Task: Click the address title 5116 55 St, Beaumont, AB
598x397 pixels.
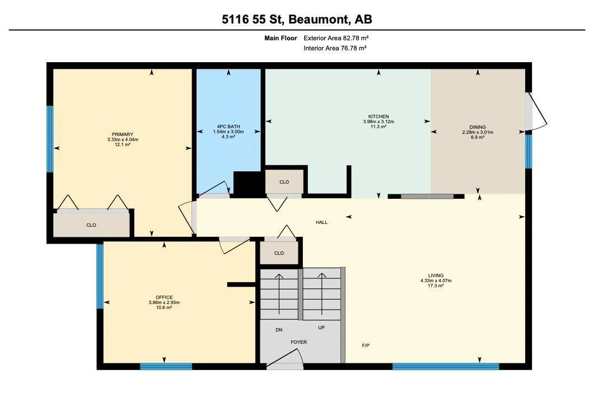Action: [297, 19]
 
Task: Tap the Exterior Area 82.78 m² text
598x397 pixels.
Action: [336, 38]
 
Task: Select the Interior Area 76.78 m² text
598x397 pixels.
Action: [335, 48]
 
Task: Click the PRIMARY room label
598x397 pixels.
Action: [123, 134]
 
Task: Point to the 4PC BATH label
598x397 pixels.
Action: [228, 127]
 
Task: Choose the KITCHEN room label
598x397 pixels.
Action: [379, 116]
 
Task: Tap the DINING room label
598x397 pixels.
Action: [478, 127]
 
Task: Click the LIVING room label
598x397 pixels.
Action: [436, 275]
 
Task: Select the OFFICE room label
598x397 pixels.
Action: [164, 297]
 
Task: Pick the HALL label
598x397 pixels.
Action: [321, 222]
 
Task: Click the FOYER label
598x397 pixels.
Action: [298, 342]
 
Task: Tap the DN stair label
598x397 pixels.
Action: [279, 330]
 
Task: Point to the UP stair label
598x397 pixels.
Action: [321, 328]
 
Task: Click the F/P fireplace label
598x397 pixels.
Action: [366, 345]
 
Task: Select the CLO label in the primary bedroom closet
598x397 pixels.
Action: [91, 225]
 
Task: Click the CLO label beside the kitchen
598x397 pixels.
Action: [284, 182]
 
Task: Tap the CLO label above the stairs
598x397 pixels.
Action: [279, 253]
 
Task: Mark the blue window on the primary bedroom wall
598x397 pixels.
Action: [50, 139]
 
